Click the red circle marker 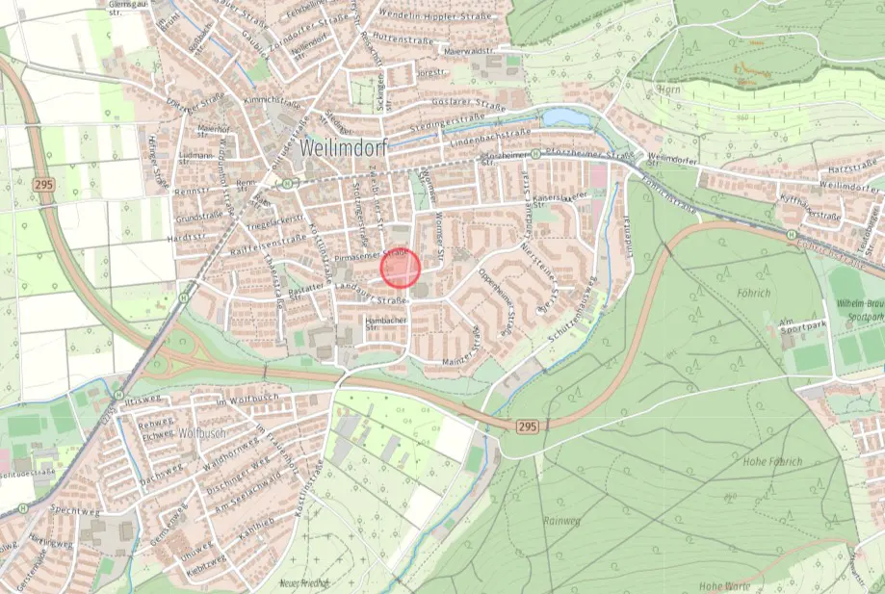(402, 268)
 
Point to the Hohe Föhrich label (772, 461)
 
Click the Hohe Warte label (724, 585)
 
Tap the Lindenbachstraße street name (491, 134)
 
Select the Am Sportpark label (799, 325)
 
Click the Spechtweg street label (75, 510)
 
